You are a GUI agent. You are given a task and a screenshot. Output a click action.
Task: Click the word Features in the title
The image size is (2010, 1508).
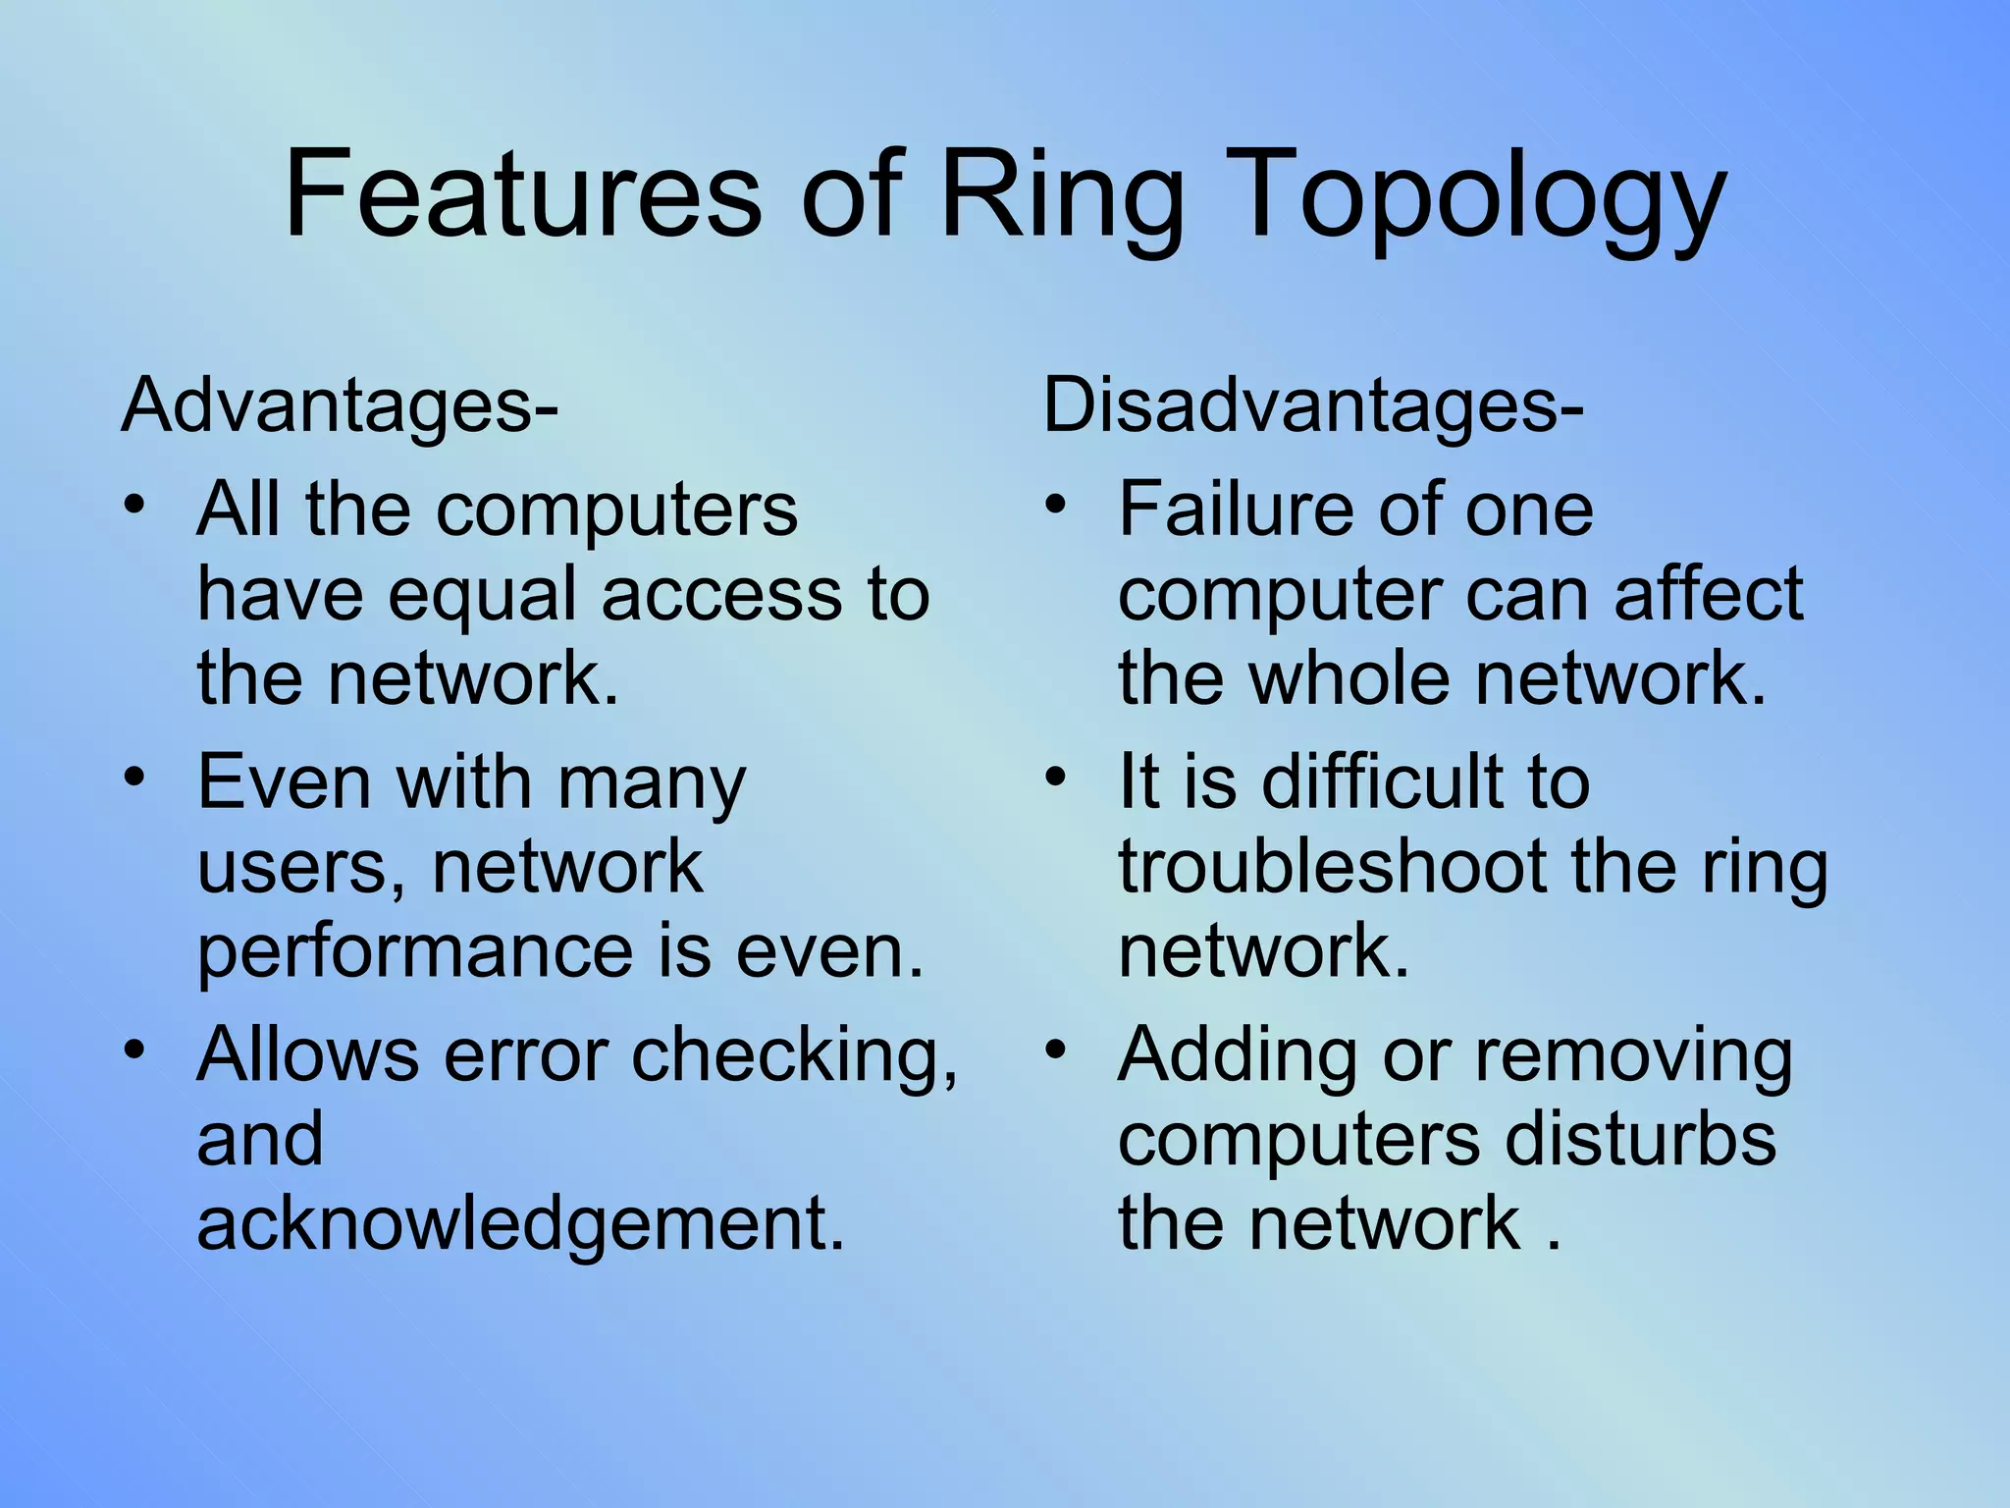pos(522,192)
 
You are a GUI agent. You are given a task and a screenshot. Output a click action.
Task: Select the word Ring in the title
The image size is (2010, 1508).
pos(1061,192)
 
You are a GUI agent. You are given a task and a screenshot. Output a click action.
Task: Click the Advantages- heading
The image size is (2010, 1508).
pos(340,404)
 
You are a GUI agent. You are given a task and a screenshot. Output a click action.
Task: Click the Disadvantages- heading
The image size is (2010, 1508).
pos(1312,404)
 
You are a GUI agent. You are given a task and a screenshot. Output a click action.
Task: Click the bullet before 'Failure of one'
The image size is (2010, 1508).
pos(1055,507)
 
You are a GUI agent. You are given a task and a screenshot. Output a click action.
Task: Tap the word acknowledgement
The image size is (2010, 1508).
pos(520,1224)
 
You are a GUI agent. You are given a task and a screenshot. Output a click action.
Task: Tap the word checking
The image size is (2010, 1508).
pos(793,1055)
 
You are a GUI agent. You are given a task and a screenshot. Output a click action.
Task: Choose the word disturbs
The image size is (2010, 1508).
pos(1639,1139)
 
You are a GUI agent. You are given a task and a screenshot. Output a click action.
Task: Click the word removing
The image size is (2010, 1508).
pos(1633,1055)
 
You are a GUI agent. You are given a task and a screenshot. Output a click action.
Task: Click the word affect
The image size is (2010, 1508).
pos(1708,594)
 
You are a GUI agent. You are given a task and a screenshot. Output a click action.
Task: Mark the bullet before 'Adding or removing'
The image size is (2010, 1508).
pos(1055,1051)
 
